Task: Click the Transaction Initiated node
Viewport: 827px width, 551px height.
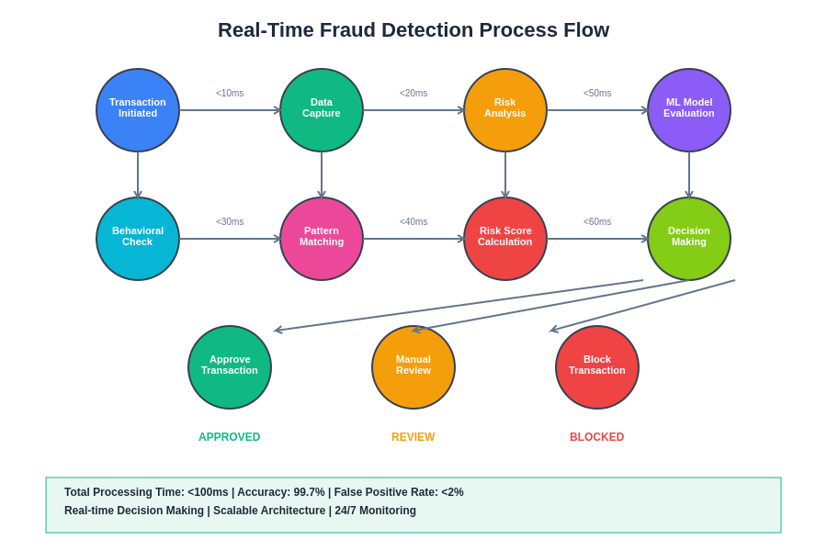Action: pyautogui.click(x=138, y=110)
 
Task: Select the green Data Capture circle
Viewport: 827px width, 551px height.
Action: pyautogui.click(x=322, y=110)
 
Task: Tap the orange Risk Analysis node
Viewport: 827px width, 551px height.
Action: pyautogui.click(x=505, y=110)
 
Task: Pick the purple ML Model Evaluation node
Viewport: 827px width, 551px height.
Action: pyautogui.click(x=689, y=110)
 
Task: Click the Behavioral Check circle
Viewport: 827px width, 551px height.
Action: pyautogui.click(x=138, y=239)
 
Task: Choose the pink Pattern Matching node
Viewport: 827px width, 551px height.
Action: pyautogui.click(x=322, y=239)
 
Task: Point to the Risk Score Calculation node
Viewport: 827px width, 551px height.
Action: pyautogui.click(x=505, y=239)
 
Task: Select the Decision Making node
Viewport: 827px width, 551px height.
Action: pyautogui.click(x=689, y=239)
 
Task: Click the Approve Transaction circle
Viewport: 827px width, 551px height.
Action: pyautogui.click(x=230, y=367)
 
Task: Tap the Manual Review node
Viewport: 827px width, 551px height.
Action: pyautogui.click(x=413, y=367)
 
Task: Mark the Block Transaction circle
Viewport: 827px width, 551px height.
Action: pyautogui.click(x=597, y=367)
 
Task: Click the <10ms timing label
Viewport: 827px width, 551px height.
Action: pyautogui.click(x=230, y=94)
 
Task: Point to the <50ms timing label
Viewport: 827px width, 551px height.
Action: pyautogui.click(x=597, y=94)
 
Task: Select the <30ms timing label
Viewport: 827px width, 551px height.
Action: pyautogui.click(x=230, y=222)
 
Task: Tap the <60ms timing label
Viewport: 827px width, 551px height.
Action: pyautogui.click(x=597, y=222)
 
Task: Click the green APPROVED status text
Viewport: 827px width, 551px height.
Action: pyautogui.click(x=230, y=437)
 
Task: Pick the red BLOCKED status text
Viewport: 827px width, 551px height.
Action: pyautogui.click(x=597, y=437)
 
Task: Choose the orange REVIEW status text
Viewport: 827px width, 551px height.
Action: pyautogui.click(x=413, y=437)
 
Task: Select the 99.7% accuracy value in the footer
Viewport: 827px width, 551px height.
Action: pyautogui.click(x=309, y=492)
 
